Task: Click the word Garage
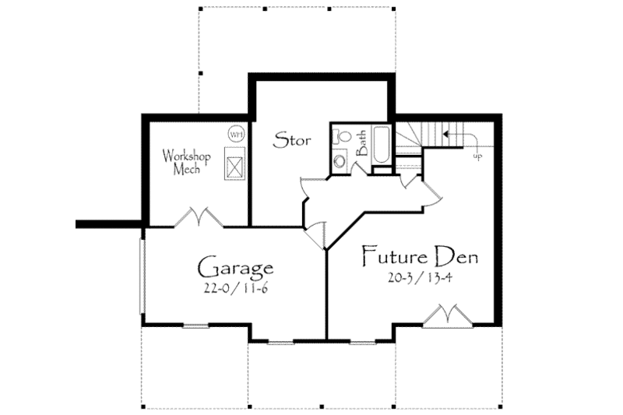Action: point(234,269)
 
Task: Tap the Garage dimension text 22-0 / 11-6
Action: point(234,289)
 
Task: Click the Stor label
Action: point(293,141)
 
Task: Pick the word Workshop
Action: point(186,154)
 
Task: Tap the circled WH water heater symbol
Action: point(235,134)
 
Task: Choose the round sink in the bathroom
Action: point(340,162)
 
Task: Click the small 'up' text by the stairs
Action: point(477,157)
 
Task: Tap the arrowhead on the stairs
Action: point(445,134)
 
